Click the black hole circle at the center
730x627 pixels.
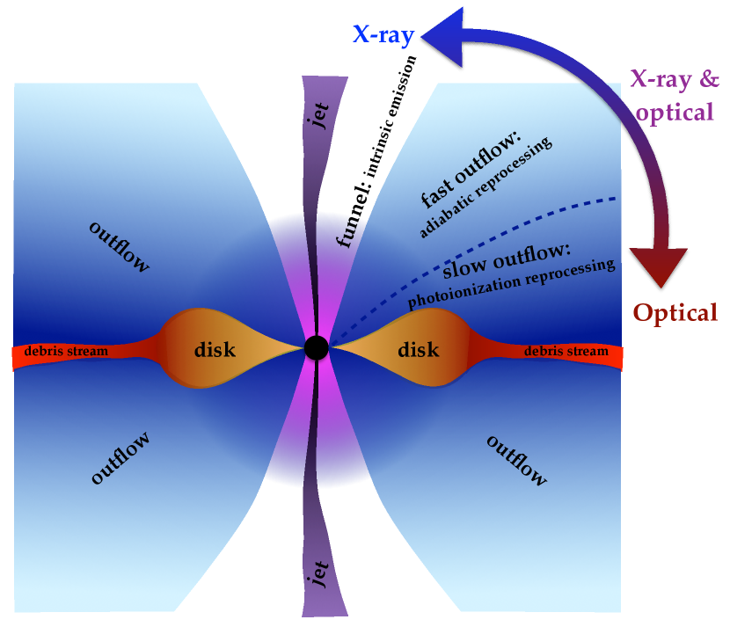pyautogui.click(x=317, y=348)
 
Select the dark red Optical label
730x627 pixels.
pyautogui.click(x=676, y=312)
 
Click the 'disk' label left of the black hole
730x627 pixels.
pyautogui.click(x=215, y=350)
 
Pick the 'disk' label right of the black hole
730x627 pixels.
pyautogui.click(x=418, y=350)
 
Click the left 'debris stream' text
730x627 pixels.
pyautogui.click(x=66, y=352)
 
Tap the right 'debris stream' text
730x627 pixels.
pyautogui.click(x=566, y=352)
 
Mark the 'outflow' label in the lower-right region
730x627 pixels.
pyautogui.click(x=516, y=460)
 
